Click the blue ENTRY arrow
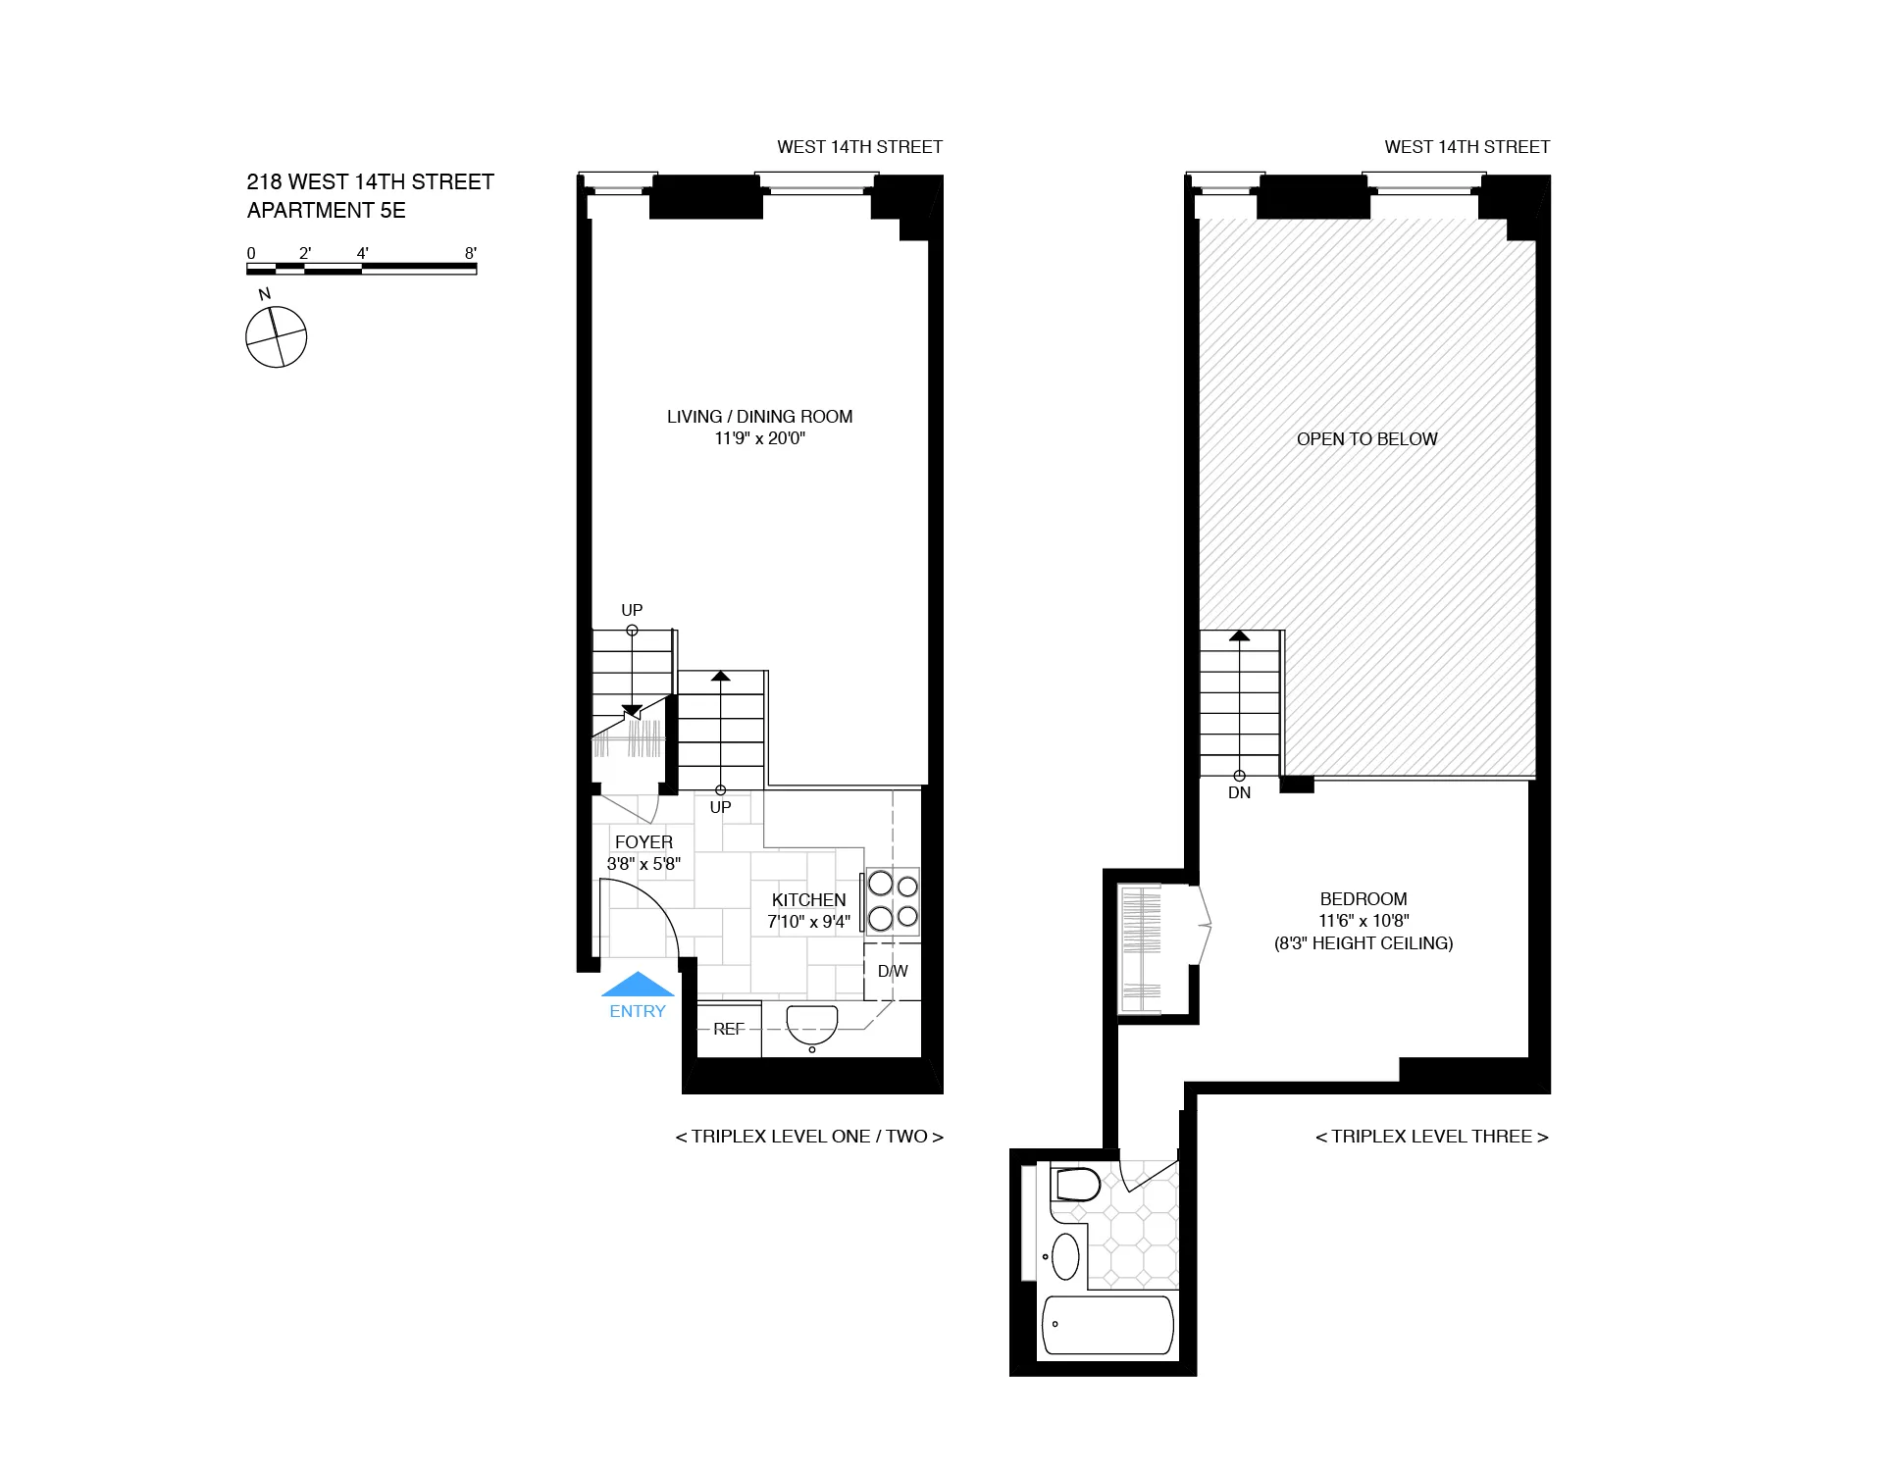pyautogui.click(x=638, y=985)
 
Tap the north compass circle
pyautogui.click(x=276, y=337)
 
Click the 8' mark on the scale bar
pyautogui.click(x=471, y=253)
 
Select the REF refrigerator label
pyautogui.click(x=729, y=1029)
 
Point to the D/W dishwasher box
pyautogui.click(x=893, y=971)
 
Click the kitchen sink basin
pyautogui.click(x=812, y=1025)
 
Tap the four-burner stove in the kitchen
pyautogui.click(x=893, y=900)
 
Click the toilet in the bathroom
pyautogui.click(x=1076, y=1185)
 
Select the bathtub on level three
pyautogui.click(x=1107, y=1325)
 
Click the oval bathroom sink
pyautogui.click(x=1065, y=1255)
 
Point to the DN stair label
pyautogui.click(x=1239, y=792)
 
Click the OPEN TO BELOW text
pyautogui.click(x=1366, y=439)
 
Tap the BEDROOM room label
pyautogui.click(x=1363, y=898)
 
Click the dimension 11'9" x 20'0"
pyautogui.click(x=759, y=438)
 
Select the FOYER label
pyautogui.click(x=643, y=841)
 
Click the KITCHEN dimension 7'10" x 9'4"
pyautogui.click(x=808, y=922)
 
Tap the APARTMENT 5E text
pyautogui.click(x=326, y=210)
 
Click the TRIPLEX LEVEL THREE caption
pyautogui.click(x=1431, y=1137)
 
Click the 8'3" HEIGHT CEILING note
pyautogui.click(x=1363, y=943)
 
